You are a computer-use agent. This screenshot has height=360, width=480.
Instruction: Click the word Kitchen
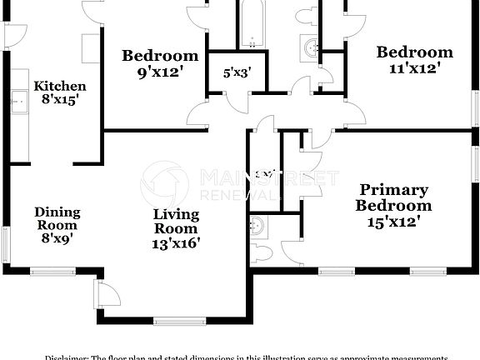coord(59,86)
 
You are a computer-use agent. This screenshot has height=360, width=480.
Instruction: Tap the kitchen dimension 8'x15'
coord(59,101)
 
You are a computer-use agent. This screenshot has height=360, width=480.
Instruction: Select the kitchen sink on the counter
coord(18,102)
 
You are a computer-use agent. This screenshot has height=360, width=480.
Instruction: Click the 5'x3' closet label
coord(237,73)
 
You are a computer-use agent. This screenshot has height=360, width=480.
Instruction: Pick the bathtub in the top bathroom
coord(251,24)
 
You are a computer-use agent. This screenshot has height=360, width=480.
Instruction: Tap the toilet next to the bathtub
coord(307,15)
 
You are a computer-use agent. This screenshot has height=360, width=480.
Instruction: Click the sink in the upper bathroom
coord(311,48)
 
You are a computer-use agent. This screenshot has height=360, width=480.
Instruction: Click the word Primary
coord(393,190)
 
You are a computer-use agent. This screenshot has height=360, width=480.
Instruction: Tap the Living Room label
coord(176,221)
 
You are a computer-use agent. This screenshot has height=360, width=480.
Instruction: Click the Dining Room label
coord(57,218)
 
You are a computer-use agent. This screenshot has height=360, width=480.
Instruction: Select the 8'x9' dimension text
coord(57,238)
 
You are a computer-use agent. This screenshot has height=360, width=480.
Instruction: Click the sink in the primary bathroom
coord(258,225)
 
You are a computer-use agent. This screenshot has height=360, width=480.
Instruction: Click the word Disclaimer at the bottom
coord(66,357)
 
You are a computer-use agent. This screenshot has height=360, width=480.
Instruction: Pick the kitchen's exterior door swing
coord(16,34)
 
